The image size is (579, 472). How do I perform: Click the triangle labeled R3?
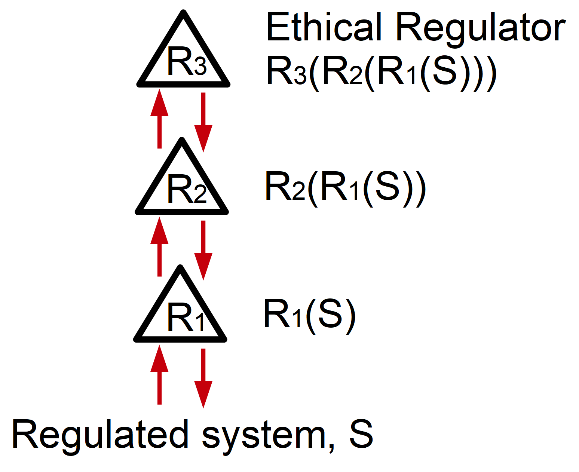[183, 60]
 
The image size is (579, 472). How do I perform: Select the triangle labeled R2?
[181, 187]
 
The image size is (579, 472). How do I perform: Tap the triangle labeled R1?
[180, 314]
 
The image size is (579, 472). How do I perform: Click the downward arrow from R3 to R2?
[203, 122]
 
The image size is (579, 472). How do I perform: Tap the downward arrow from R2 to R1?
[203, 250]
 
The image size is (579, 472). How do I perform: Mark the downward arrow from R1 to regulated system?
[203, 378]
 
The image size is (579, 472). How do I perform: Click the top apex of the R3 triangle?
[183, 13]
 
